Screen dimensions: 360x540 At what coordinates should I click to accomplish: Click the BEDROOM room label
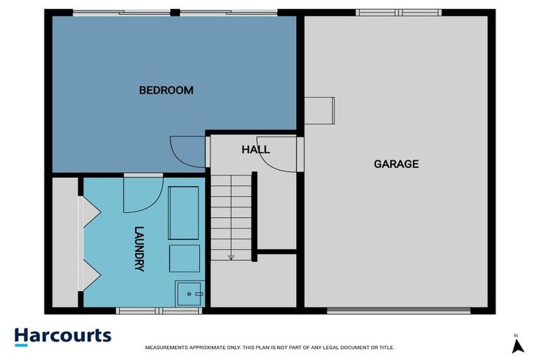pos(166,90)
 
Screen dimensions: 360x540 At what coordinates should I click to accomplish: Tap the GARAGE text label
pos(396,164)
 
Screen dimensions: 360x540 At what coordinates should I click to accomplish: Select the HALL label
pos(255,150)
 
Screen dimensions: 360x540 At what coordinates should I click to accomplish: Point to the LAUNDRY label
pos(139,248)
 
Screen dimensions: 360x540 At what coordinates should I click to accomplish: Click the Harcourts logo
pos(63,335)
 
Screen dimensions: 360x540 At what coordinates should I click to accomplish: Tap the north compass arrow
pos(517,345)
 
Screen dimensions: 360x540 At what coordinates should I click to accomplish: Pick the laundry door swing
pos(141,195)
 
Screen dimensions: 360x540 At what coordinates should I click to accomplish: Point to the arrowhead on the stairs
pos(231,257)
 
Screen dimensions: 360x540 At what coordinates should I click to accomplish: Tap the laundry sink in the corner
pos(190,292)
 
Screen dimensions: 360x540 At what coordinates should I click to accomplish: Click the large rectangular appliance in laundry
pos(184,213)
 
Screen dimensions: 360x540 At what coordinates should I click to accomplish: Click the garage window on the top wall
pos(398,13)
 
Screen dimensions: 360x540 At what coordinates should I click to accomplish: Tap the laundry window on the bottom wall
pos(149,310)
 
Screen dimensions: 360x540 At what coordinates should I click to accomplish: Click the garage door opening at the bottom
pos(398,310)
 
